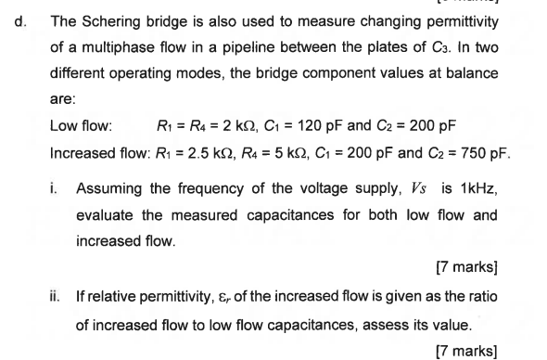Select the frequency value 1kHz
479,189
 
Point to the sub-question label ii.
56,296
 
